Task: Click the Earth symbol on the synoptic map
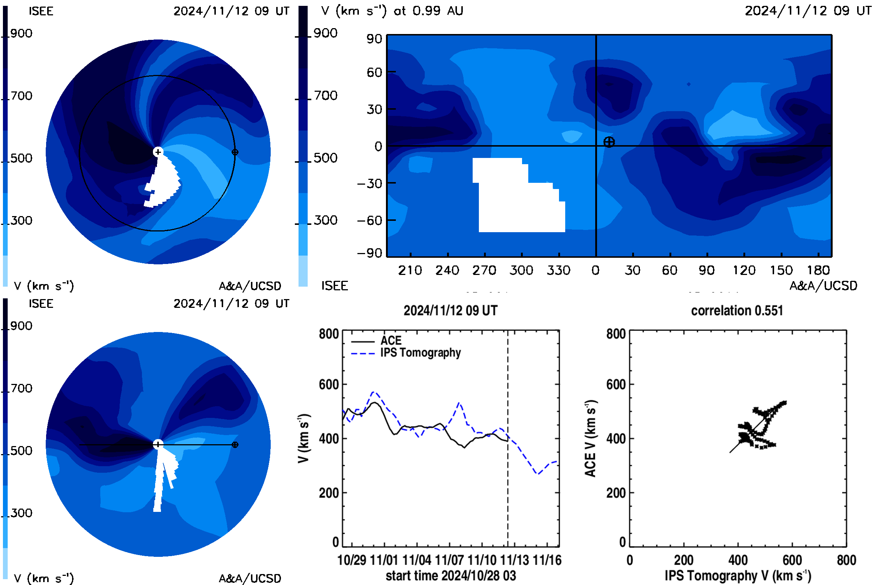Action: (x=609, y=142)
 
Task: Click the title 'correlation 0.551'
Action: (x=737, y=311)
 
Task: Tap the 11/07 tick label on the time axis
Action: (x=450, y=560)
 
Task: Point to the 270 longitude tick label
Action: (x=484, y=270)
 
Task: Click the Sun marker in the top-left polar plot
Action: (x=158, y=152)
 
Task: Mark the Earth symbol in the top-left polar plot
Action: (x=235, y=152)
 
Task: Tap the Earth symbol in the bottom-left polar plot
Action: (x=235, y=445)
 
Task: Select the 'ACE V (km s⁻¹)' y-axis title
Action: (x=590, y=439)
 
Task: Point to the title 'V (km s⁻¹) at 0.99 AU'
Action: (x=392, y=11)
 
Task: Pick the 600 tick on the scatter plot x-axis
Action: (x=792, y=560)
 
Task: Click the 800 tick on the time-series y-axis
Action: (x=329, y=333)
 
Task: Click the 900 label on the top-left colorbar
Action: (x=21, y=33)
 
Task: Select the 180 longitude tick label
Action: (x=819, y=270)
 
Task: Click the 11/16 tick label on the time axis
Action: (x=547, y=560)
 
